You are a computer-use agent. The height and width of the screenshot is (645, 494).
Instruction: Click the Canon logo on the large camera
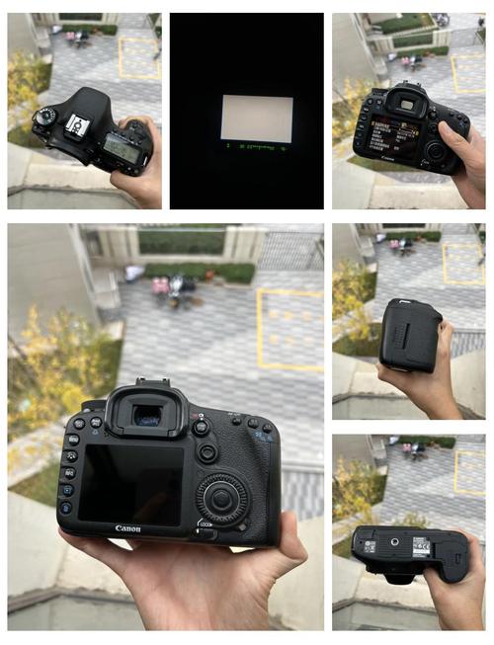pos(128,528)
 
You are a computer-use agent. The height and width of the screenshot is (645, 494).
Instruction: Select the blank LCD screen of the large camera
pos(130,483)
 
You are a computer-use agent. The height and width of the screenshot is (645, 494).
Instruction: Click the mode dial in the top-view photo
pos(43,117)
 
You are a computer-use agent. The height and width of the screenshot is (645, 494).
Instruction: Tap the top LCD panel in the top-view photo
pos(122,148)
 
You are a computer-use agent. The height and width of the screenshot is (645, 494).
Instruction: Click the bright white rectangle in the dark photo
pos(256,118)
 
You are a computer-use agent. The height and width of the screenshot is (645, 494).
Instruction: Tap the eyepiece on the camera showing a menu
pos(405,102)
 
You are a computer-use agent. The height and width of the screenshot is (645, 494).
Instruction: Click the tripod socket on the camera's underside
pos(394,542)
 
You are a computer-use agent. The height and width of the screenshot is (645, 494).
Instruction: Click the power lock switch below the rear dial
pos(206,533)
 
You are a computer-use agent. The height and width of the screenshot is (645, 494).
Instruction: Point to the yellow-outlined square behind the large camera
pos(289,330)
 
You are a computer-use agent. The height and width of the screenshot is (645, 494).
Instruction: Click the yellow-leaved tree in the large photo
pos(54,365)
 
